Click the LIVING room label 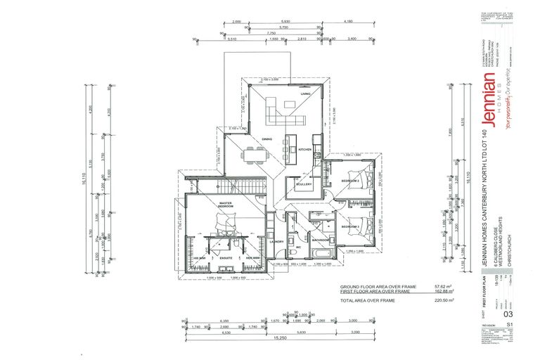[305, 94]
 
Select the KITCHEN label [304, 150]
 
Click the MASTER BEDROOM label [226, 205]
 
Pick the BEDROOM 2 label [351, 181]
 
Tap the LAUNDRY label [276, 241]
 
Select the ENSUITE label [226, 258]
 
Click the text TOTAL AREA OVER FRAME [367, 300]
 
